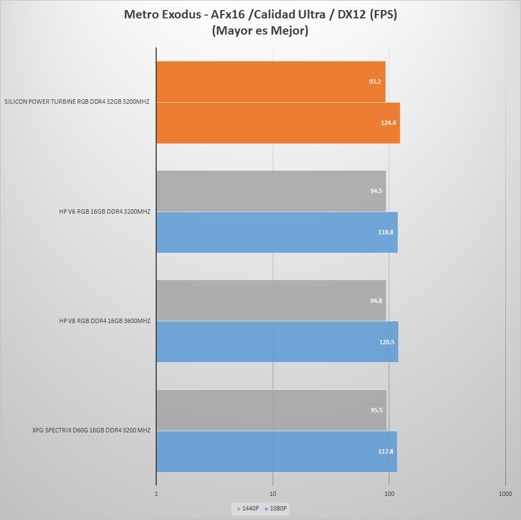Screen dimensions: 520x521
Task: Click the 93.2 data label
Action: tap(375, 81)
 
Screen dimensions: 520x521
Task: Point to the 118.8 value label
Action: tap(385, 232)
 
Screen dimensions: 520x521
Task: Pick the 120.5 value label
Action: tap(387, 342)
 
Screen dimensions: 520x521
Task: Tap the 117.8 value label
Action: tap(385, 451)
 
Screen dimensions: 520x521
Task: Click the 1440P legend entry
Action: tap(248, 508)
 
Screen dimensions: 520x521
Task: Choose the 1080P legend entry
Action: tap(277, 508)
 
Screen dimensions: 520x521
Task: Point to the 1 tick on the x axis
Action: tap(156, 494)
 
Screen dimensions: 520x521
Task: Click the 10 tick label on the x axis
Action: tap(273, 494)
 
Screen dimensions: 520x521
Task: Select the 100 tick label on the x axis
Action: tap(389, 494)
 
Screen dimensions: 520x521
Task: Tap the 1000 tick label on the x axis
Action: tap(505, 494)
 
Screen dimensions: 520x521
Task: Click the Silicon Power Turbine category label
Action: tap(77, 102)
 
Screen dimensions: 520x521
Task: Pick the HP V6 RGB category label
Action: tap(105, 211)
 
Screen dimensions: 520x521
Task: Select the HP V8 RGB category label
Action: tap(105, 321)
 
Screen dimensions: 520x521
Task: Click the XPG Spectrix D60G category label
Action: tap(91, 430)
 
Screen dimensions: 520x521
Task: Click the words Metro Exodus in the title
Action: tap(161, 15)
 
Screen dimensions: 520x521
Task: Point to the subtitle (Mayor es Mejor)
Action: tap(260, 31)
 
